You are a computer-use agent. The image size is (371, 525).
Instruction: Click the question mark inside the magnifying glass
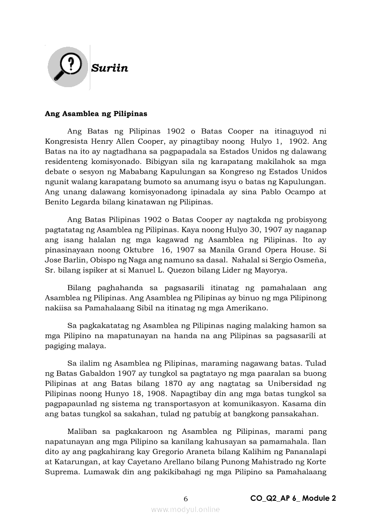(x=69, y=64)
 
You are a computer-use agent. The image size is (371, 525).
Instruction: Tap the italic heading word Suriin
(x=110, y=68)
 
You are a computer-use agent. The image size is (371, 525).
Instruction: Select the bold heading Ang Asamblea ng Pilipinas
(x=96, y=114)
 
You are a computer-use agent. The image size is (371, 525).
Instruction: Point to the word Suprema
(x=60, y=472)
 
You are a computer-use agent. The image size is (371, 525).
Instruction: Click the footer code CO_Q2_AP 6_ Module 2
(x=293, y=498)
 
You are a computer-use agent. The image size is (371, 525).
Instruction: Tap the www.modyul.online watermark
(x=185, y=509)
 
